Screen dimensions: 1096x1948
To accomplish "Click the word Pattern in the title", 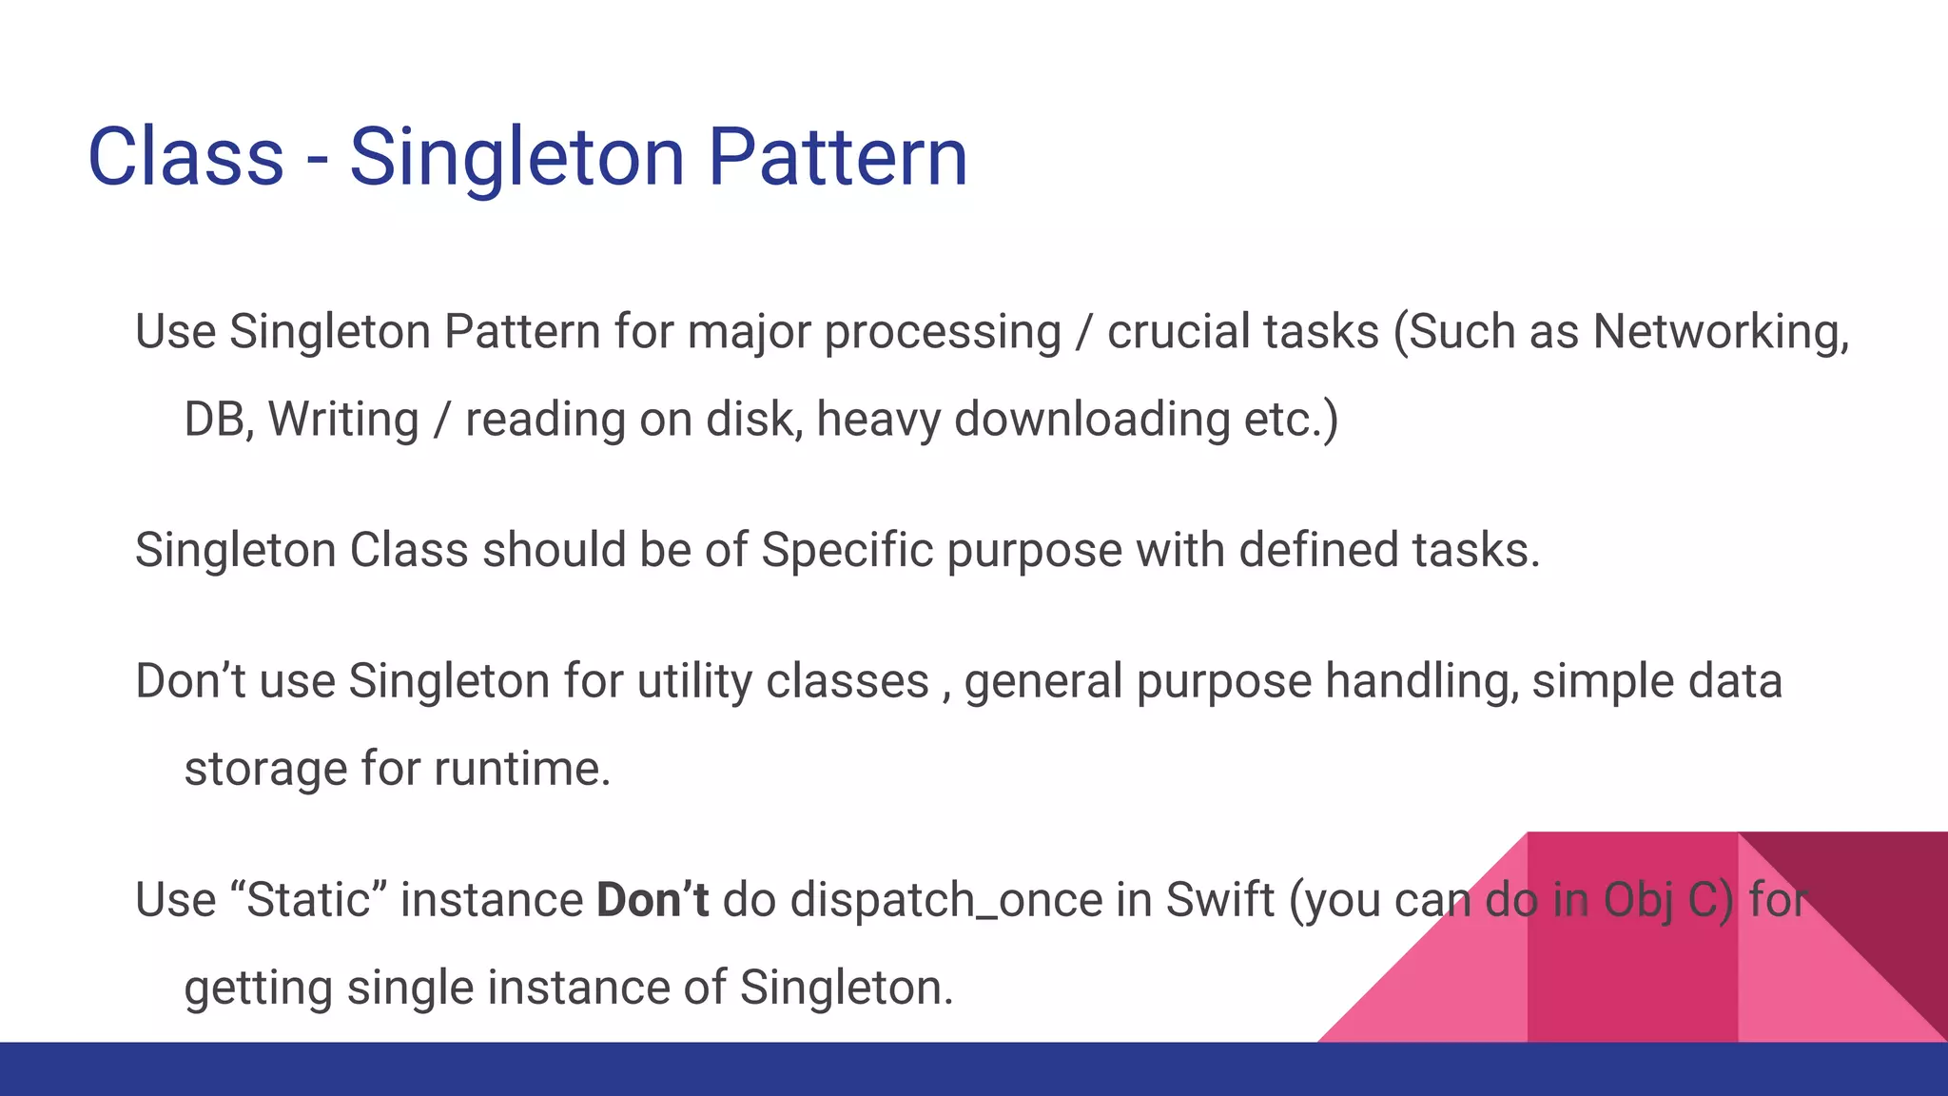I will [837, 157].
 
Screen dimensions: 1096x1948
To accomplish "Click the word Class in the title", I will [185, 157].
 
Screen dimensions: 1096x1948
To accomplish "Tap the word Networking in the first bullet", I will [1720, 333].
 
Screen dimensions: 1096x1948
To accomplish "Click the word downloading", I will [1092, 420].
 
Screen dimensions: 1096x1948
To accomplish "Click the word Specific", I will [847, 551].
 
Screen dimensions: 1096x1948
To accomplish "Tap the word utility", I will [694, 682].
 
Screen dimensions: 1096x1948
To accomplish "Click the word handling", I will [1422, 682].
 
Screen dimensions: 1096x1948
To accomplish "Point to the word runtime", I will [521, 769].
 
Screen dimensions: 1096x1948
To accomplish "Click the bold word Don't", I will [653, 900].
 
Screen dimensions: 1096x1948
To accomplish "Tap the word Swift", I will [1219, 900].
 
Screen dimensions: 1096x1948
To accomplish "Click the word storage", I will [265, 770].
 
